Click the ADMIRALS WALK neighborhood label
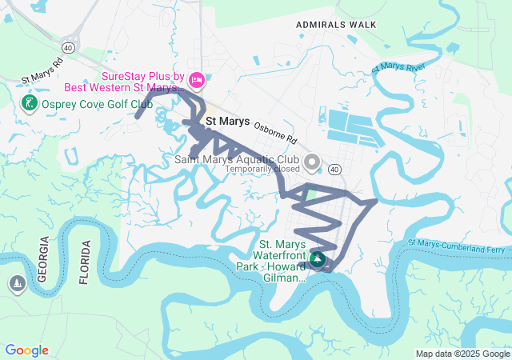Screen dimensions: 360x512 click(336, 25)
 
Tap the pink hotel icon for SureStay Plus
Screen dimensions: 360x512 click(198, 80)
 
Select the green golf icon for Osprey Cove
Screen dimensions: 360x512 click(28, 103)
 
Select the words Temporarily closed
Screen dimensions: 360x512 click(262, 169)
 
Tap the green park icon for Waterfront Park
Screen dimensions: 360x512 click(318, 259)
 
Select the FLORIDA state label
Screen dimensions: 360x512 click(85, 262)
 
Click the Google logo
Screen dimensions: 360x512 click(26, 350)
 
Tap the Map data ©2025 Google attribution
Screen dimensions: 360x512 click(462, 354)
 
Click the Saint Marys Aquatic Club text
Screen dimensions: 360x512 click(237, 159)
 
